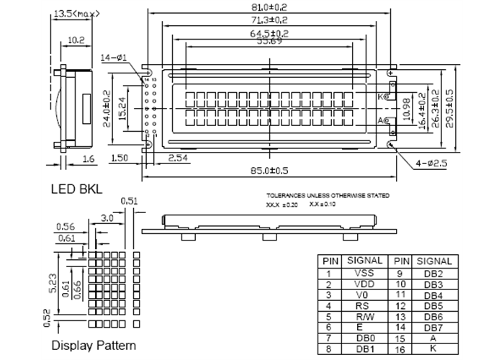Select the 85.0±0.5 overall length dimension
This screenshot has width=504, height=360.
270,171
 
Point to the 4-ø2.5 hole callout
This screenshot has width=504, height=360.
431,164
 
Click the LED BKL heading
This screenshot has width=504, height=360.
76,189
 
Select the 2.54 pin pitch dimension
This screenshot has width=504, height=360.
178,157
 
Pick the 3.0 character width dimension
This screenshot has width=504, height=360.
107,217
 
